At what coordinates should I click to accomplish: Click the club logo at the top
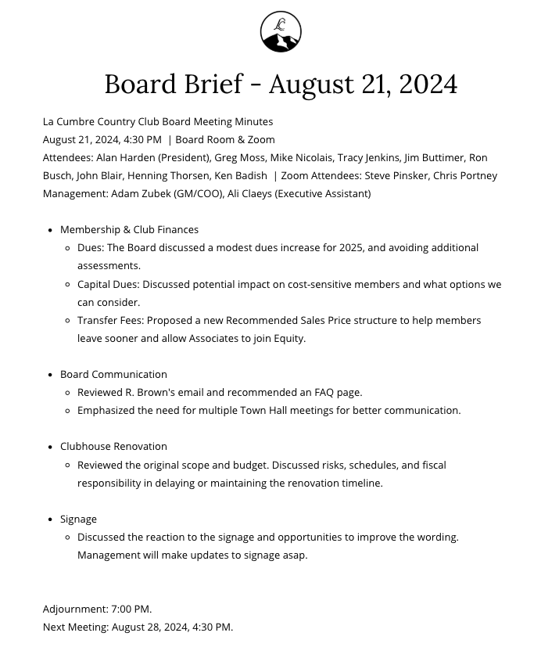coord(281,32)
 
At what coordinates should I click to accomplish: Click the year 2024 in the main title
coord(428,84)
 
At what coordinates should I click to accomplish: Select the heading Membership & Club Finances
coord(129,229)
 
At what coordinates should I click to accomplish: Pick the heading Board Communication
coord(113,374)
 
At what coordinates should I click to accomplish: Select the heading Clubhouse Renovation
coord(113,446)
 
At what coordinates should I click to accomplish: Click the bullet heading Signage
coord(78,519)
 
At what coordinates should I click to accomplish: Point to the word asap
coord(294,555)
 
